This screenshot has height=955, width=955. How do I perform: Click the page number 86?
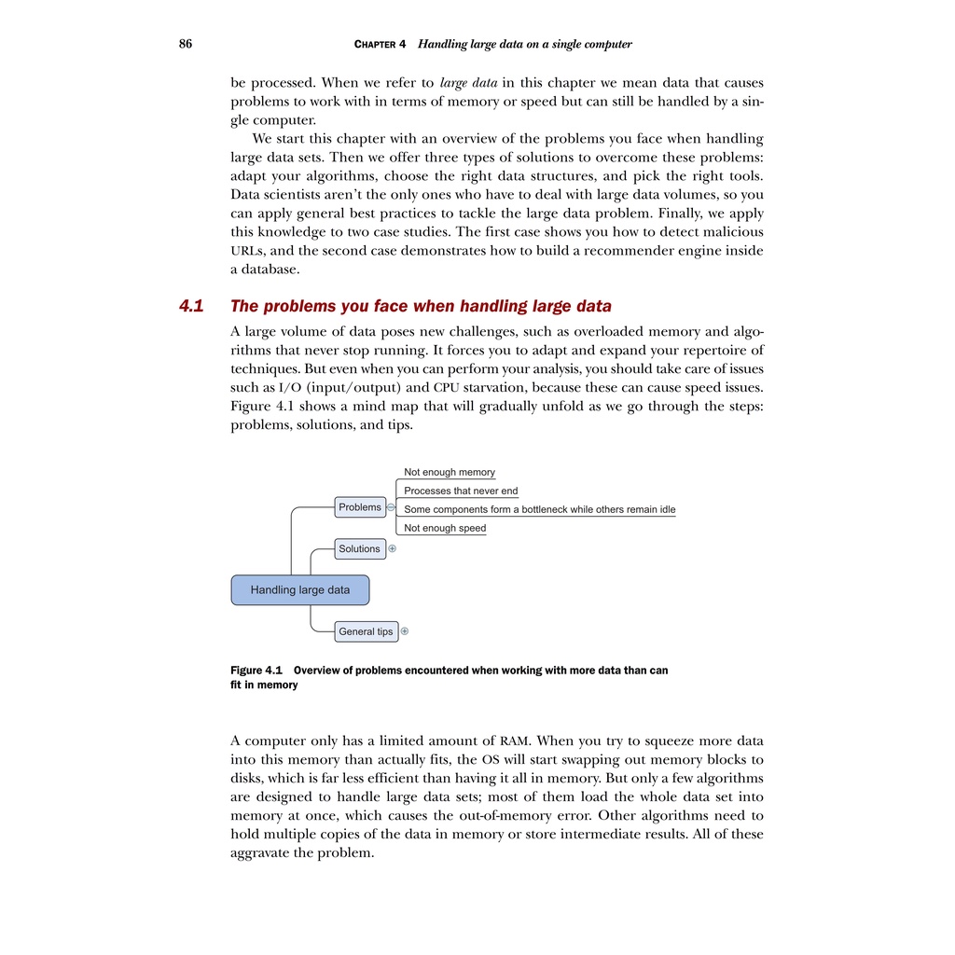tap(186, 44)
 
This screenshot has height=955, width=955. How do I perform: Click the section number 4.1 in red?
tap(191, 306)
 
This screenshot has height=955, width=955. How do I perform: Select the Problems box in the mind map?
tap(360, 507)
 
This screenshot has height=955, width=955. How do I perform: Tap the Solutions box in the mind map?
tap(360, 549)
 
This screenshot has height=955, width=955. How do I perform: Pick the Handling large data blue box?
tap(300, 590)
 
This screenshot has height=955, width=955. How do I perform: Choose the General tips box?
tap(366, 631)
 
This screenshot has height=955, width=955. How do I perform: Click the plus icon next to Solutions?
tap(393, 549)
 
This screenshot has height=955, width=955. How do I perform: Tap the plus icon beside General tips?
tap(405, 631)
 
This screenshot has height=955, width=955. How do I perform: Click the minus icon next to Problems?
tap(391, 507)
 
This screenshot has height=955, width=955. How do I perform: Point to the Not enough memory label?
tap(450, 473)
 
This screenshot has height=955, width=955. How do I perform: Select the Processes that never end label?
tap(461, 491)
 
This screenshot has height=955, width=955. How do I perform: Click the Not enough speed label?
tap(445, 528)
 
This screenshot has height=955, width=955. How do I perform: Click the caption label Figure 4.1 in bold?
tap(256, 670)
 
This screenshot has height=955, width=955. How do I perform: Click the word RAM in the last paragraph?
tap(516, 741)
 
